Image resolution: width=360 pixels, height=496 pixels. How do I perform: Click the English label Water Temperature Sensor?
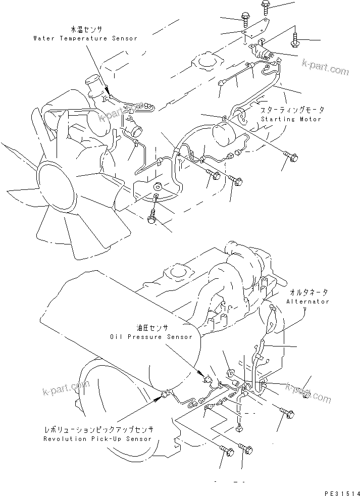[x=85, y=38]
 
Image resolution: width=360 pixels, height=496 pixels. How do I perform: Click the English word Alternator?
[x=307, y=301]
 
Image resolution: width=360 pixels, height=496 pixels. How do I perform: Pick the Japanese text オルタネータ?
[x=308, y=292]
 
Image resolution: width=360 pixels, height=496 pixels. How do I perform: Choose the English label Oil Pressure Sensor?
[x=143, y=336]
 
